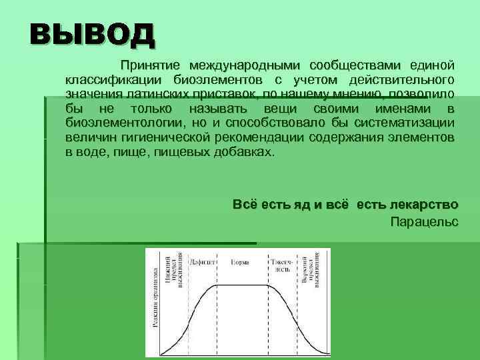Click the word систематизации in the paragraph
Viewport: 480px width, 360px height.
pos(406,123)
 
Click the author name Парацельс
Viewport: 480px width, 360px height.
pos(424,221)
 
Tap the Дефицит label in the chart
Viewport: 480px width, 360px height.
pos(198,262)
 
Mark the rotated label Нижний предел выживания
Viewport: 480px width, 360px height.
pos(176,269)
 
